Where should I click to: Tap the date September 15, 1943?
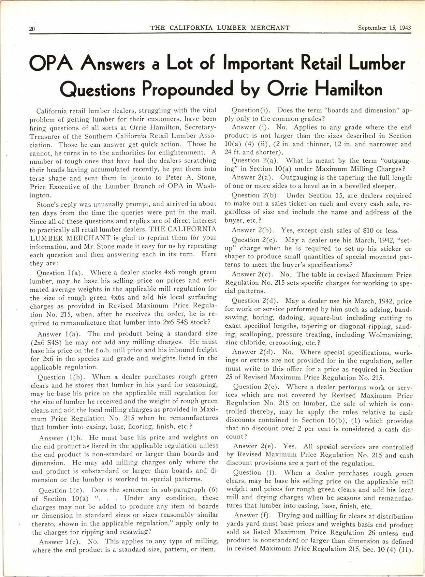coord(384,28)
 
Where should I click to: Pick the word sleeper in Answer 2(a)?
coord(384,186)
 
